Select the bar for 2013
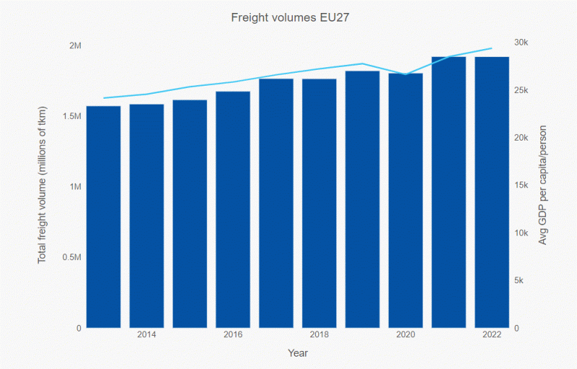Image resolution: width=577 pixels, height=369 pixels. click(103, 216)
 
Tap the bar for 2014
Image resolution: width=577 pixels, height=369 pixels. click(146, 215)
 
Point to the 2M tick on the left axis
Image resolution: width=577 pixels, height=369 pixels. click(75, 46)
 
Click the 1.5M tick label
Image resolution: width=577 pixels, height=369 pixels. click(71, 117)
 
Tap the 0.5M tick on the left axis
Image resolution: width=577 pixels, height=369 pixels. click(71, 258)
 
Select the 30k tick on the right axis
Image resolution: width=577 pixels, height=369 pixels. click(521, 43)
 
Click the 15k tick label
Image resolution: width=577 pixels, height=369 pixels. click(521, 185)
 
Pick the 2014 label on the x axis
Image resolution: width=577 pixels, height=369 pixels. click(146, 335)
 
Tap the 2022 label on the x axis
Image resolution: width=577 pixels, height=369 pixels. click(492, 335)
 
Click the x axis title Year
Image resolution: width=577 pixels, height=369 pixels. click(298, 353)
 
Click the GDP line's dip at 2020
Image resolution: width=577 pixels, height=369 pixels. click(406, 74)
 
